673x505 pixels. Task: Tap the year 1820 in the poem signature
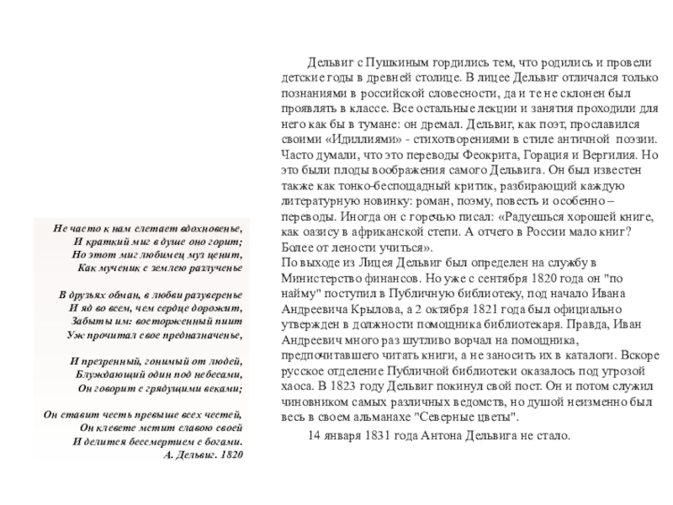coord(232,454)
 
